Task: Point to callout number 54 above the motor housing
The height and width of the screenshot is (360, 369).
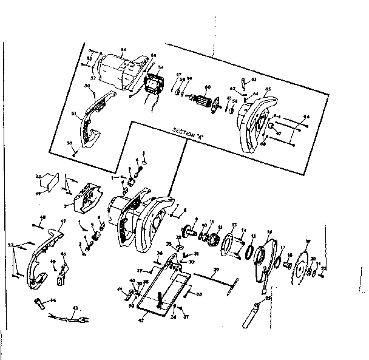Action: (x=123, y=49)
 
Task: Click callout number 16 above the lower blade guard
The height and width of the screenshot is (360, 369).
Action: (x=269, y=231)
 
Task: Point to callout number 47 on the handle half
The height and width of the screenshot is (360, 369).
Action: (x=62, y=222)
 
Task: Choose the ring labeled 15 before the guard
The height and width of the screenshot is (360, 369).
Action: (x=249, y=250)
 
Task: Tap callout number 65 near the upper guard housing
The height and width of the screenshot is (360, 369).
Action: (x=268, y=89)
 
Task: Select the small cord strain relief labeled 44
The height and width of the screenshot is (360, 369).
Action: (x=39, y=301)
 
